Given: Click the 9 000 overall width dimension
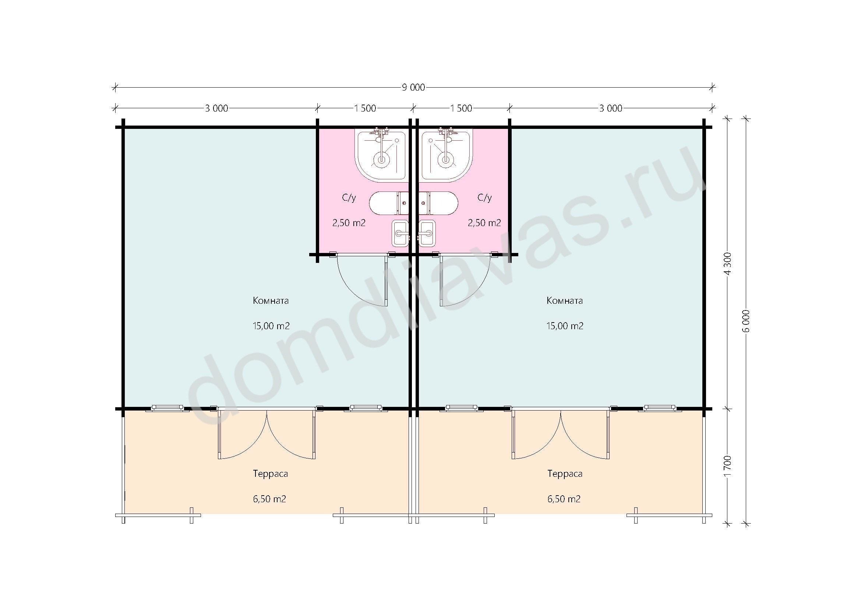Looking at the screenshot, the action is (x=413, y=87).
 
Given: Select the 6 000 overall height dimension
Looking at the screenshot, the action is (x=746, y=321).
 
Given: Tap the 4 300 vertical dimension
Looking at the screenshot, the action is (x=727, y=264).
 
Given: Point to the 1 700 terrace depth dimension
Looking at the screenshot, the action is (x=727, y=466).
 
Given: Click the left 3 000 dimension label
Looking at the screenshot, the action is (x=216, y=108).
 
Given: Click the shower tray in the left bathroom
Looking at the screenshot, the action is (x=381, y=156).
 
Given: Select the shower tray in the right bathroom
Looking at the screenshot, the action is (x=446, y=156).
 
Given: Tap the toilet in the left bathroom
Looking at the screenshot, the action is (x=389, y=203).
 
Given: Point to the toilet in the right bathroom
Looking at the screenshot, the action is (x=438, y=203).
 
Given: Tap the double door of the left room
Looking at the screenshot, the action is (x=267, y=434).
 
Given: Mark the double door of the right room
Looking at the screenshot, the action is (x=561, y=434).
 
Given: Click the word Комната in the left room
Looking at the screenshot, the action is (x=271, y=301).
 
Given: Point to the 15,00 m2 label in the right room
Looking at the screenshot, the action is (x=565, y=326).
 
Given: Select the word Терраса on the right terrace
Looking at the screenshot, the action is (x=565, y=474).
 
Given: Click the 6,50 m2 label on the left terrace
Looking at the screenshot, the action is (x=269, y=499).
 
